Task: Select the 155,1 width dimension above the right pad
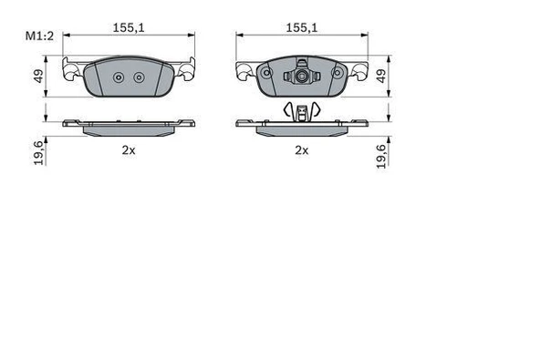click(302, 28)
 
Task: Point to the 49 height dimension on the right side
click(381, 78)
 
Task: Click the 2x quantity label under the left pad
click(128, 150)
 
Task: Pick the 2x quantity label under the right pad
click(301, 150)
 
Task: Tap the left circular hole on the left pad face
click(115, 77)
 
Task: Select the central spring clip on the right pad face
click(300, 77)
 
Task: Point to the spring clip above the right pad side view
click(300, 111)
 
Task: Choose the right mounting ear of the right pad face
click(359, 69)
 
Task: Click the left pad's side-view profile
click(129, 125)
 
